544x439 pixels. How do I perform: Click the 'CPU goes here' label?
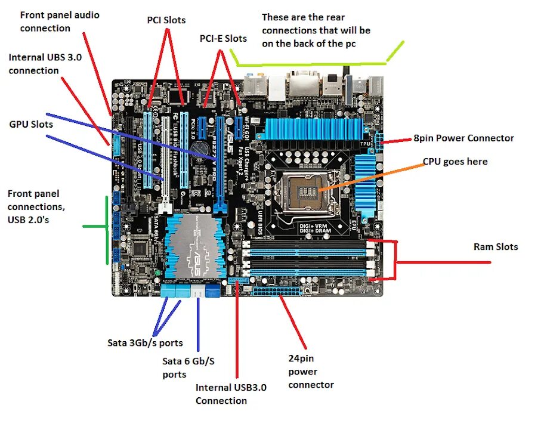(x=455, y=162)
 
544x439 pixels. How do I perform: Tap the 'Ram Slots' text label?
(x=496, y=246)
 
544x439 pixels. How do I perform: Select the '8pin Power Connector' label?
(x=463, y=138)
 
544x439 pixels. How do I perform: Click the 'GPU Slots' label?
(x=31, y=124)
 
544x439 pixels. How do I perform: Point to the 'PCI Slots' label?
(x=166, y=20)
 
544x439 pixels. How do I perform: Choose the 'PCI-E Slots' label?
(x=223, y=38)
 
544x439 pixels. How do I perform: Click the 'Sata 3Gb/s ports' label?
(x=145, y=343)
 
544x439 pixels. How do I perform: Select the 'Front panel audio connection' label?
(x=60, y=21)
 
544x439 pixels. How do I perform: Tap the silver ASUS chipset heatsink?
(x=197, y=245)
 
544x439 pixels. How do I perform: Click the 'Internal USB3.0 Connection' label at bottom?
(x=231, y=394)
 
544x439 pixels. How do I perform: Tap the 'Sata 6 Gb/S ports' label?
(x=188, y=367)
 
